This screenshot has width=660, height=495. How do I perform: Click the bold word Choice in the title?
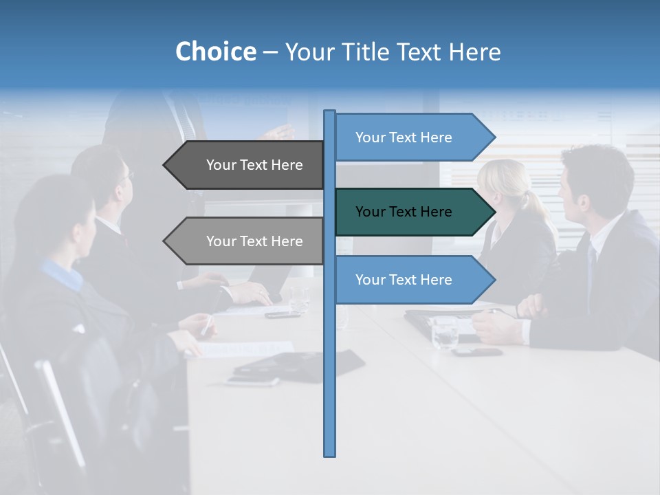[215, 52]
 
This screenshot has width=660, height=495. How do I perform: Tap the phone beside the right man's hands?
[477, 352]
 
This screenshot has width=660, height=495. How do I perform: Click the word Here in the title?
[475, 52]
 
